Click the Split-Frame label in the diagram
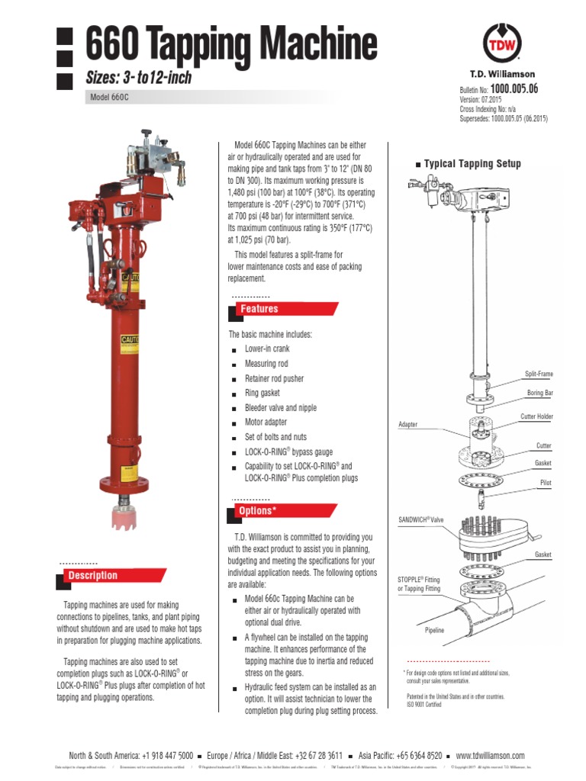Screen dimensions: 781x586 pos(538,374)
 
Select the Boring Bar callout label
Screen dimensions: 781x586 pos(539,393)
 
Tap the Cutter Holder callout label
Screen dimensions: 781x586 pos(536,416)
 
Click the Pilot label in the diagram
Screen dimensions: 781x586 pos(545,483)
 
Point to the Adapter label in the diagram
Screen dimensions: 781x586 pos(408,424)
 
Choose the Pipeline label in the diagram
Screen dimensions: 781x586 pos(434,631)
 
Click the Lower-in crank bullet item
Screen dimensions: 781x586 pos(266,349)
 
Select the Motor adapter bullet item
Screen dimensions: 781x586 pos(266,422)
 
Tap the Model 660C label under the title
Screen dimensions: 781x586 pos(106,98)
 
